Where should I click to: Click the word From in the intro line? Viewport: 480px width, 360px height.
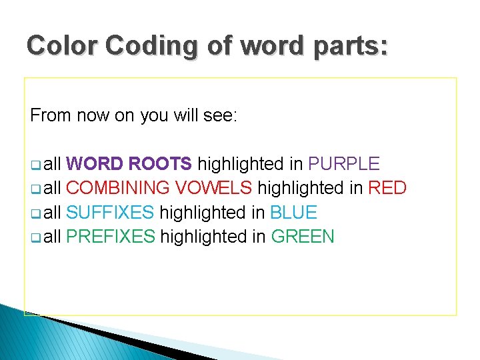click(x=51, y=115)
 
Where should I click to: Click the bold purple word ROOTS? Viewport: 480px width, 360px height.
click(x=160, y=164)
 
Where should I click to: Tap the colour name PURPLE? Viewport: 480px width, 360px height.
click(x=343, y=164)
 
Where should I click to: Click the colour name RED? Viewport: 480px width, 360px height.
click(x=387, y=188)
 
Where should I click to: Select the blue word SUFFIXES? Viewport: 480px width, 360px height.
click(x=110, y=213)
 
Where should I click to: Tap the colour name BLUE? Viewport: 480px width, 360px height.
click(x=293, y=213)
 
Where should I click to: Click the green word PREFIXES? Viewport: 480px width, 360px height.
click(x=111, y=237)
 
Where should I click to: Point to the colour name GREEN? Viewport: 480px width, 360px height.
click(x=303, y=237)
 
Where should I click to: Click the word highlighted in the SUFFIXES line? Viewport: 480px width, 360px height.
click(x=203, y=213)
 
